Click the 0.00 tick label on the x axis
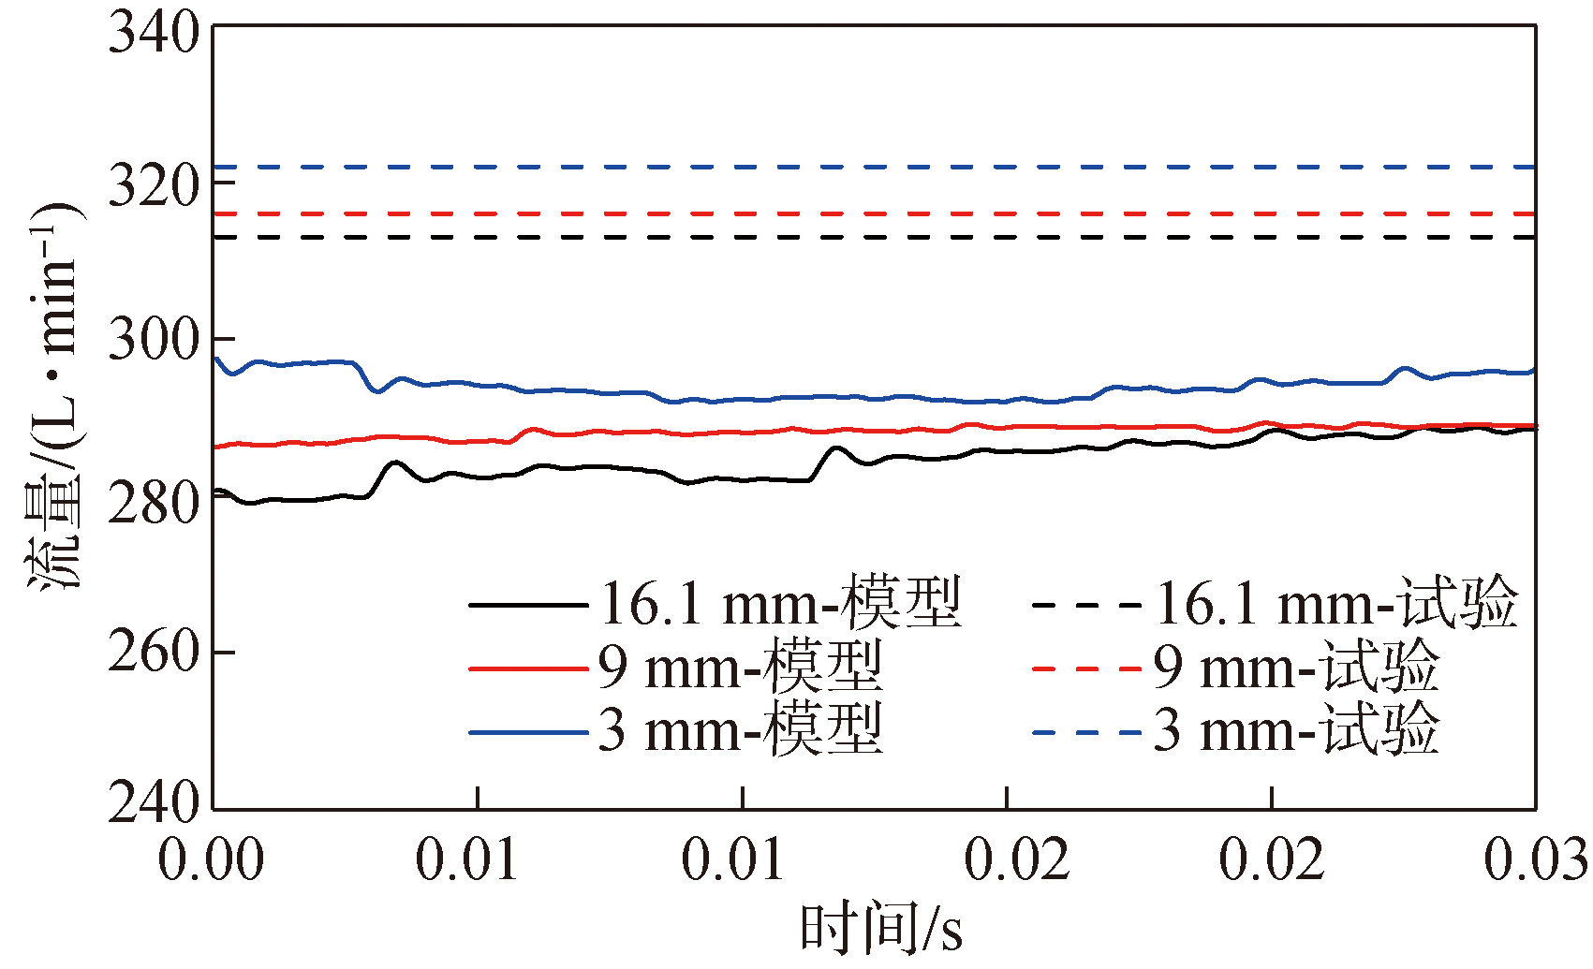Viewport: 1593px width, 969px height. tap(212, 859)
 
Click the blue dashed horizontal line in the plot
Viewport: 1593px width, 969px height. tap(843, 167)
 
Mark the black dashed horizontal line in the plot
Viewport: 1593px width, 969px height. tap(843, 237)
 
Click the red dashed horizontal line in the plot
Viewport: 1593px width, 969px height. tap(843, 213)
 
